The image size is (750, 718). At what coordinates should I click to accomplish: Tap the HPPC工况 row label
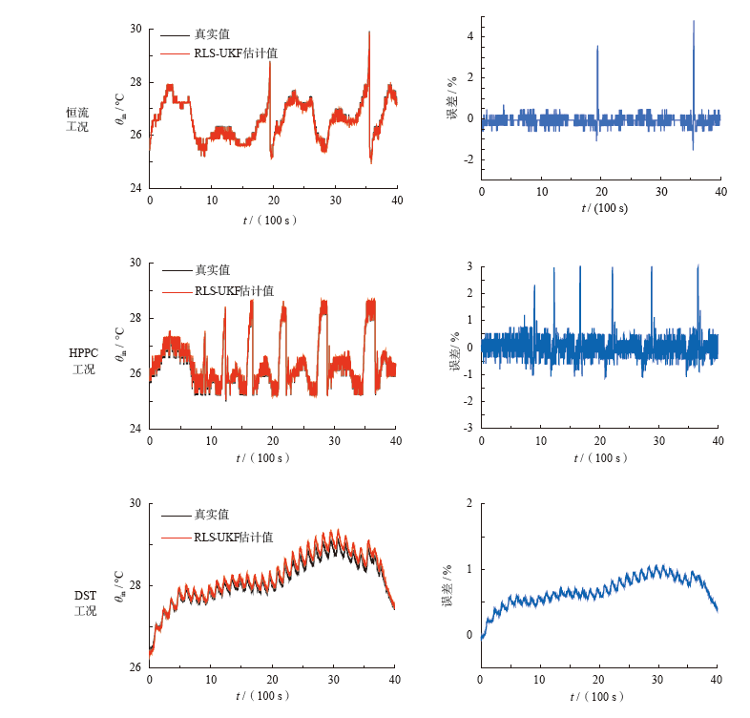pos(83,361)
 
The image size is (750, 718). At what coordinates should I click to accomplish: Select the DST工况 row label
pos(85,602)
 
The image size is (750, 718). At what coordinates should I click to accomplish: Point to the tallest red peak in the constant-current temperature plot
pos(368,32)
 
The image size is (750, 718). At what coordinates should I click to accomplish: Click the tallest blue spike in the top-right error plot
pos(694,22)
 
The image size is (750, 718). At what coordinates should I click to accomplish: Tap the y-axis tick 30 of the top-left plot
pos(135,30)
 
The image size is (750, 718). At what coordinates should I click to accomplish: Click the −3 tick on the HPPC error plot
pos(468,428)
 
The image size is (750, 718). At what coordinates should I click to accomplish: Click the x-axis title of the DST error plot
pos(600,697)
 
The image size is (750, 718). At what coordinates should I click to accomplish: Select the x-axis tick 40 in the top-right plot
pos(720,192)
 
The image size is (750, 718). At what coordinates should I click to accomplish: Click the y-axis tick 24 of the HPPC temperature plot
pos(135,428)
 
